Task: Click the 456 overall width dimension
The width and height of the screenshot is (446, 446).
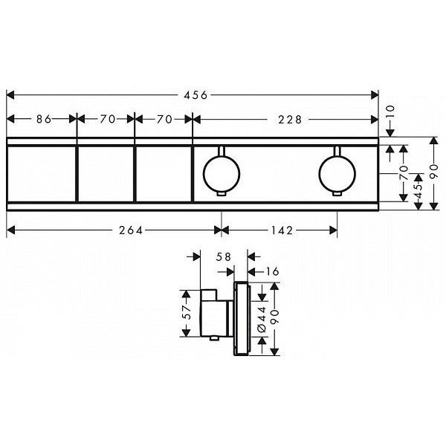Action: tap(195, 95)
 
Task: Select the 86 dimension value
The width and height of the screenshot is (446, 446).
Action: tap(44, 119)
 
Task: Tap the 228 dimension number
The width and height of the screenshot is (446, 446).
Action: tap(290, 120)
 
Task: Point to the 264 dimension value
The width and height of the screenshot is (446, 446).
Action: tap(131, 230)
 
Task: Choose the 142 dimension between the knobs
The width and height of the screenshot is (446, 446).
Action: tap(282, 230)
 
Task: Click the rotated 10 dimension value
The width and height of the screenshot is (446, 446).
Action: tap(391, 111)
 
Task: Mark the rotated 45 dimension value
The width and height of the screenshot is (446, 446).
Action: tap(418, 192)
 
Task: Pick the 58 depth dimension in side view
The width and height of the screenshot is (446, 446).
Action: tap(223, 257)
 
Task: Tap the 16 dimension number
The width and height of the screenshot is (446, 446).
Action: tap(273, 272)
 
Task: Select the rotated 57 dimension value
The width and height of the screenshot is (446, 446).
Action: tap(187, 312)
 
